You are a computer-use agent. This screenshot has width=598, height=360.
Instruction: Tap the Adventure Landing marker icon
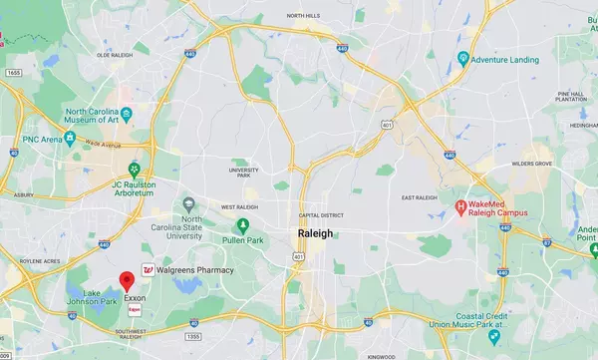(x=463, y=59)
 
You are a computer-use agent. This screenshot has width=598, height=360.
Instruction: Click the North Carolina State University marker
(x=189, y=205)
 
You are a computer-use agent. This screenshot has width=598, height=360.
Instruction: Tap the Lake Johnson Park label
(x=101, y=296)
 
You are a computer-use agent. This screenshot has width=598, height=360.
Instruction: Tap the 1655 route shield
(x=12, y=73)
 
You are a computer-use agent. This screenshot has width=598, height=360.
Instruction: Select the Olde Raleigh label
(x=115, y=56)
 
